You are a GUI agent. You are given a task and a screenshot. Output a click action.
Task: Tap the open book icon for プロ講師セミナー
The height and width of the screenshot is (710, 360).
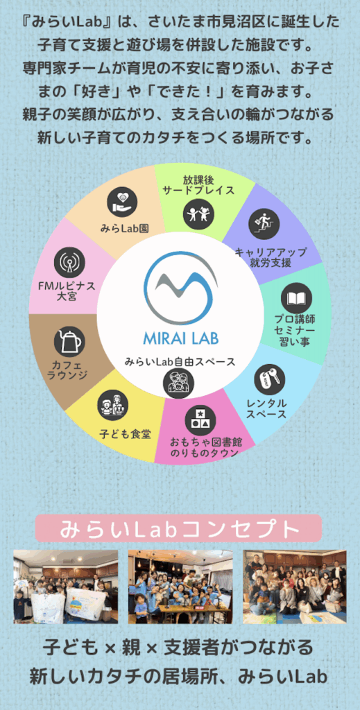coord(296,298)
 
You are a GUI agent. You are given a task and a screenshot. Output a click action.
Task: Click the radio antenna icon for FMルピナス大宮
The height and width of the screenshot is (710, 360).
coord(69,262)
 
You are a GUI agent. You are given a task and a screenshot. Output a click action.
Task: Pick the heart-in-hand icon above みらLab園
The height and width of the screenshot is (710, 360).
coord(123,202)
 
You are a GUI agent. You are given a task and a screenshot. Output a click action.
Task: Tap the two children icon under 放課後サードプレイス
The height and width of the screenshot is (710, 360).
coord(199,214)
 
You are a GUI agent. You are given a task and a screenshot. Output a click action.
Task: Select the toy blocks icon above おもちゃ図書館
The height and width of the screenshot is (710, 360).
coord(200,420)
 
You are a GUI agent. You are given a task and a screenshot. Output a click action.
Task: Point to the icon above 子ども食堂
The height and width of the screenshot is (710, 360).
coord(113,405)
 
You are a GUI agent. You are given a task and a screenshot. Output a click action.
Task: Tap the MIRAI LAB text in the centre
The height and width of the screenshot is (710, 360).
coord(180,338)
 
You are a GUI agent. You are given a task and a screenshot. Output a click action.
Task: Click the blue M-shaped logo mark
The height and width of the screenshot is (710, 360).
coord(180,288)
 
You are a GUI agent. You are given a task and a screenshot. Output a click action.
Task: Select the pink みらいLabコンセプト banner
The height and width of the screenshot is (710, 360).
coord(178,528)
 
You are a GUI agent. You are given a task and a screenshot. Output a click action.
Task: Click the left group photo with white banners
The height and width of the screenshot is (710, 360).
coord(66,587)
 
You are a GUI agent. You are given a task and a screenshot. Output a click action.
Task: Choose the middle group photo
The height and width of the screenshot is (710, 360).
coord(180,587)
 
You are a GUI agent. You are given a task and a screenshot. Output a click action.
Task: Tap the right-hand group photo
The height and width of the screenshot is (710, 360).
coord(295,587)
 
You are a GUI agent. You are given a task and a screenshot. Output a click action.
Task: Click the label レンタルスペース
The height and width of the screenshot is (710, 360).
coord(266,408)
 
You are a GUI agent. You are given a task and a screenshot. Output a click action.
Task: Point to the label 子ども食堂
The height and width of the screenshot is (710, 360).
coord(126,434)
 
